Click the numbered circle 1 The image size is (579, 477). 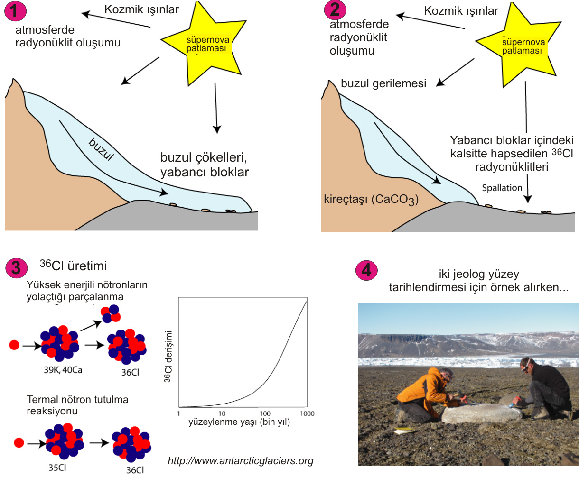click(15, 10)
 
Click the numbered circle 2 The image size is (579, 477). click(335, 10)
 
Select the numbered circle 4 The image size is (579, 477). click(366, 270)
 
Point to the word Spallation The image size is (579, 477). click(502, 188)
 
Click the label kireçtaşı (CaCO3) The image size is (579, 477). click(371, 199)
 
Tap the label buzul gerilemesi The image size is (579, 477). click(383, 84)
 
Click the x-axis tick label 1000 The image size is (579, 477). click(307, 413)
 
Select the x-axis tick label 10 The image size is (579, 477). click(222, 413)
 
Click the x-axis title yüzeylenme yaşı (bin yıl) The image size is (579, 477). click(239, 422)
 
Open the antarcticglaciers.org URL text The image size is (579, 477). click(241, 460)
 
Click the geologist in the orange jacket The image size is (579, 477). click(425, 394)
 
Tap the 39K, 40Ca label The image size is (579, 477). click(63, 370)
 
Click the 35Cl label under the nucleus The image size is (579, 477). click(57, 468)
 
